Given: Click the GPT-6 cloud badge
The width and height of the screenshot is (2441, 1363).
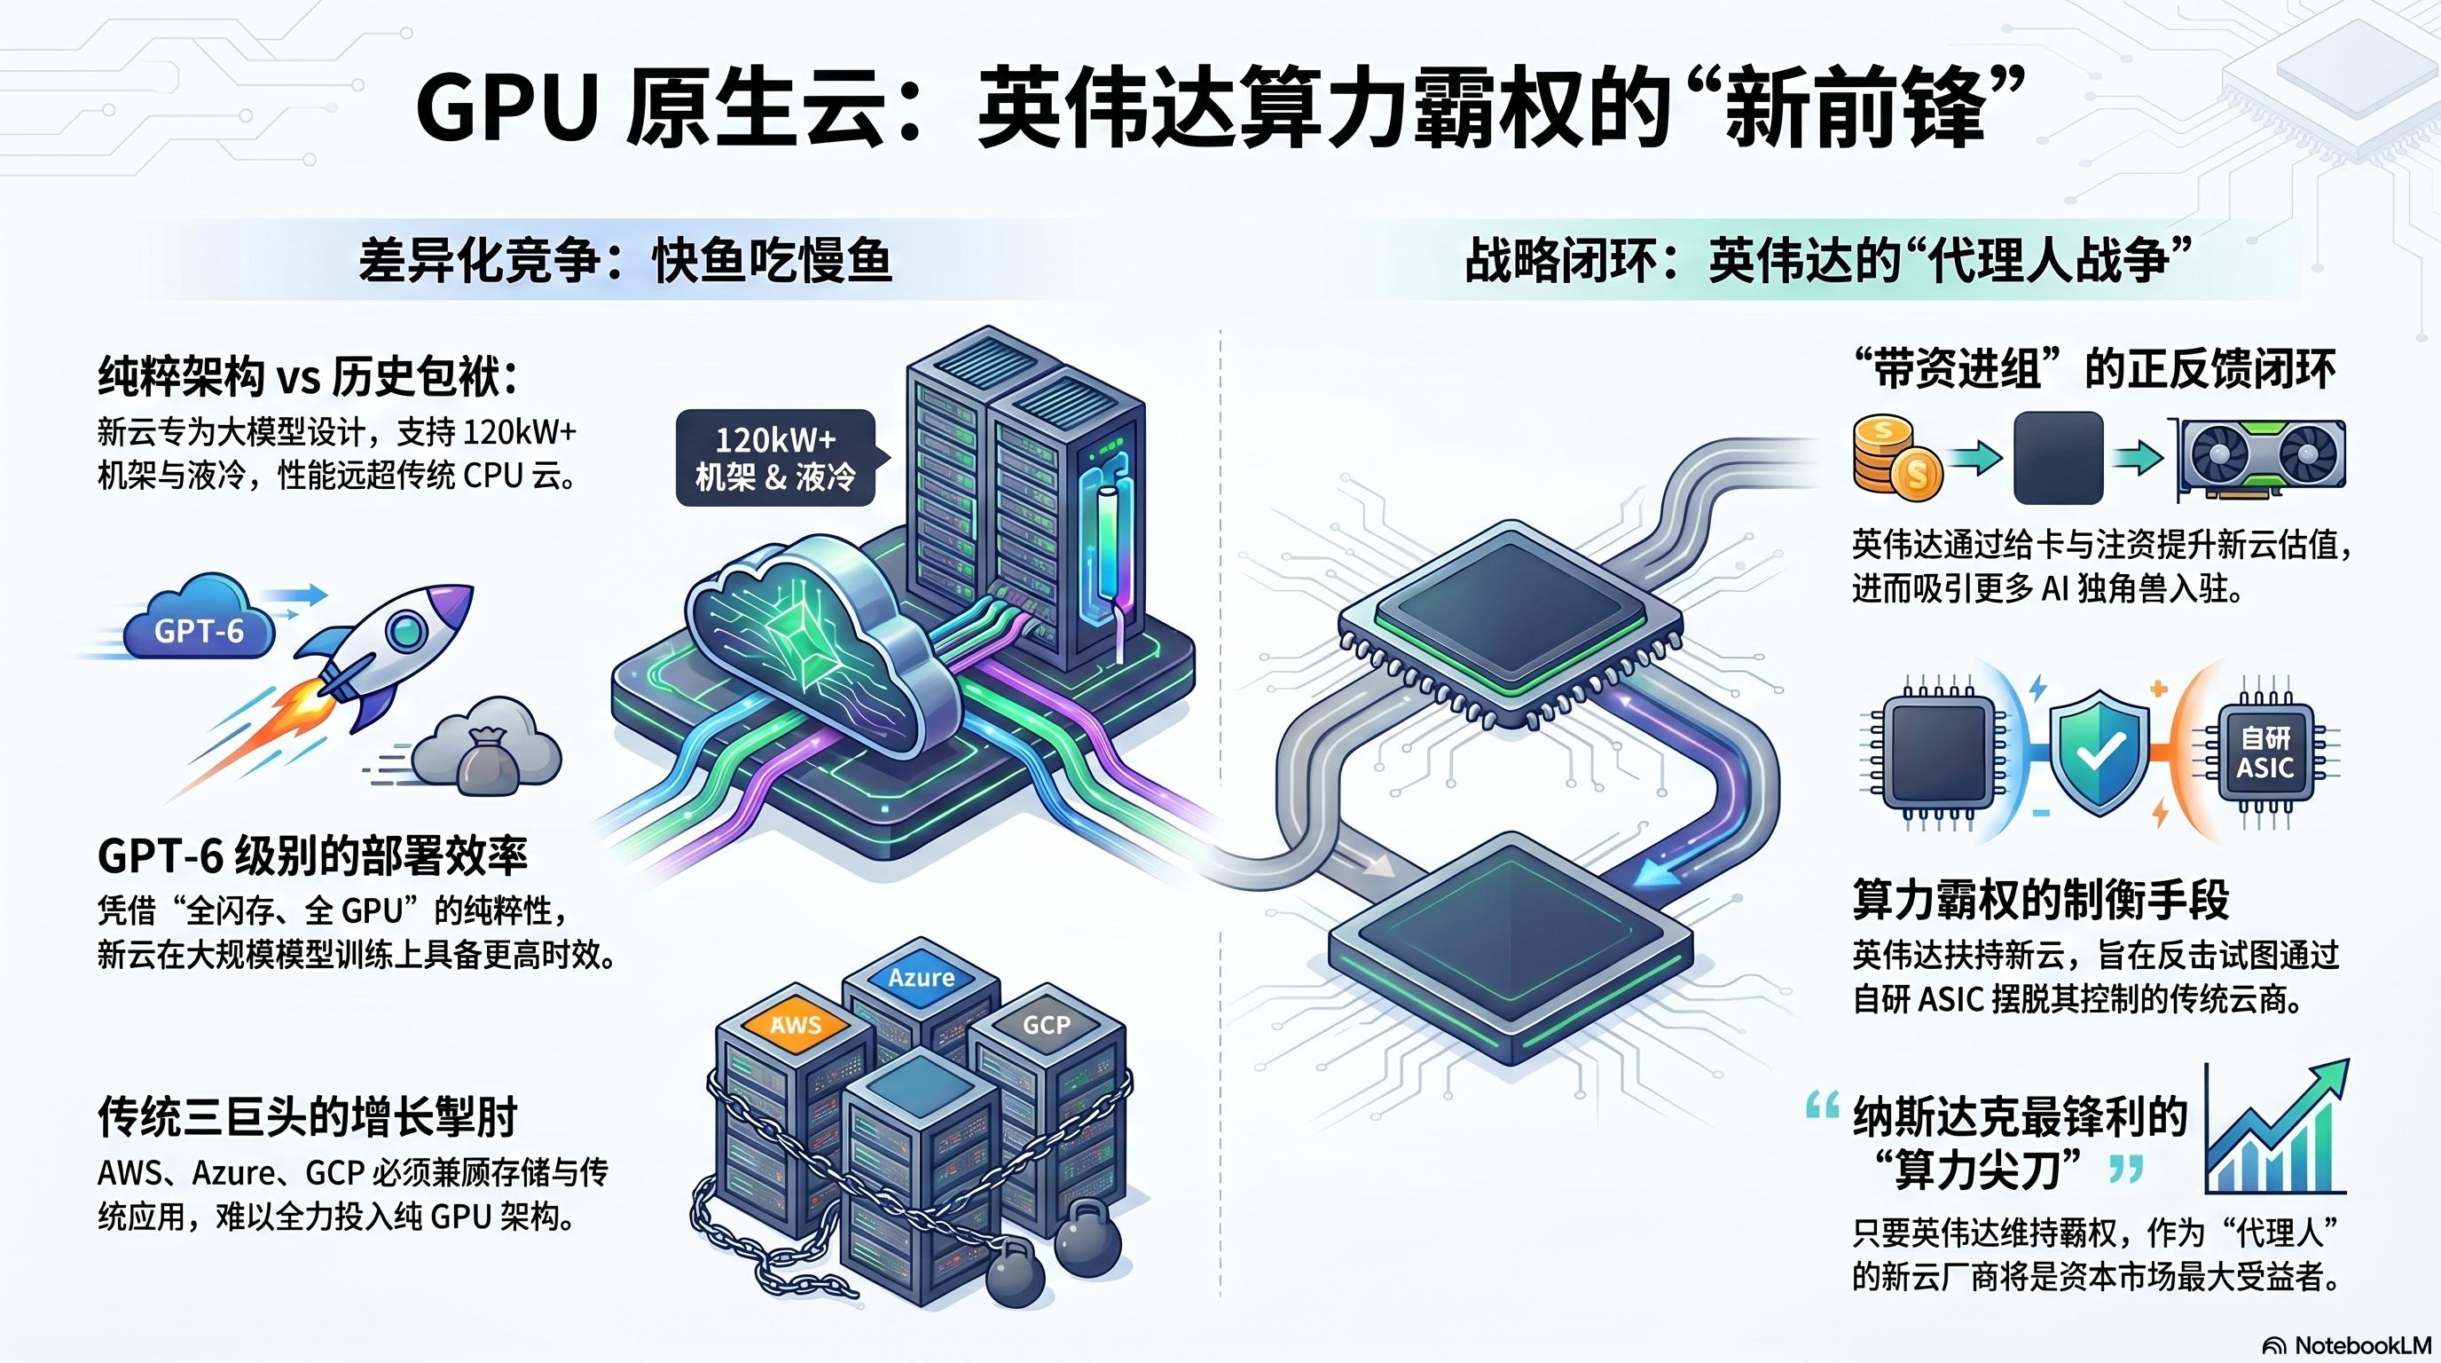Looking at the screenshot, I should pyautogui.click(x=199, y=628).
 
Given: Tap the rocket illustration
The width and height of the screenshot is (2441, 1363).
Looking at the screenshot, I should pyautogui.click(x=379, y=654).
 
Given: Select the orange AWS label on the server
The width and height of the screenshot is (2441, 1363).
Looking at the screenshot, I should pyautogui.click(x=795, y=1025).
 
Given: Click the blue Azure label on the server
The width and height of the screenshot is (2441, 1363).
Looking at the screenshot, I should pyautogui.click(x=921, y=977).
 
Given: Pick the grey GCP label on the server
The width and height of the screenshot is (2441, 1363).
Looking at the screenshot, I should pyautogui.click(x=1046, y=1025).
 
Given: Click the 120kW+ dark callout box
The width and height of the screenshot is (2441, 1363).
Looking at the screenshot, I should pyautogui.click(x=775, y=458).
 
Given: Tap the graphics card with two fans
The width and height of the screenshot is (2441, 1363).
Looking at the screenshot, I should pyautogui.click(x=2261, y=460).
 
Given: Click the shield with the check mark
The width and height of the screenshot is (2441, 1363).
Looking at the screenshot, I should pyautogui.click(x=2100, y=752).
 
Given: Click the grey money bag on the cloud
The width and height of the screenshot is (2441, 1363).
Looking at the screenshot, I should pyautogui.click(x=488, y=759).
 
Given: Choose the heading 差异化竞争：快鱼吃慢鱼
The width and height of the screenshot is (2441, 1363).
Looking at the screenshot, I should pyautogui.click(x=625, y=260).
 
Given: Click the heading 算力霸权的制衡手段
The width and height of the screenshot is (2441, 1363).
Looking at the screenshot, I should pyautogui.click(x=2041, y=900).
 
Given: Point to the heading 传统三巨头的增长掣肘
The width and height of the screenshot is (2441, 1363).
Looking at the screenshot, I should pyautogui.click(x=308, y=1116).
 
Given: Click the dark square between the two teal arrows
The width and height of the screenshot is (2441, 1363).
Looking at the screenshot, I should pyautogui.click(x=2057, y=459).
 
